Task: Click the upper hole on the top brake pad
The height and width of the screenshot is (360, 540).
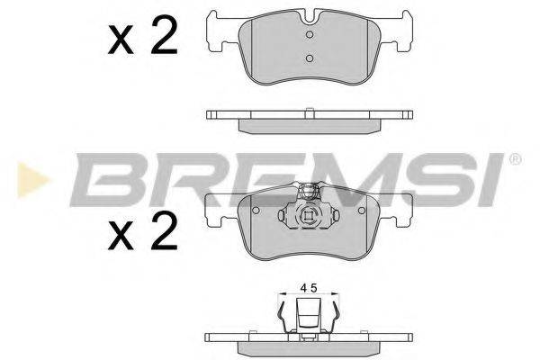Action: tap(309, 36)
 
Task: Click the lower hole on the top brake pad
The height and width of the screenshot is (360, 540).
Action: tap(309, 58)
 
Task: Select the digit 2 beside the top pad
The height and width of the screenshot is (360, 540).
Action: tap(165, 39)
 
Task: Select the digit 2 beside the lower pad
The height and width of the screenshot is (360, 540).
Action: tap(165, 235)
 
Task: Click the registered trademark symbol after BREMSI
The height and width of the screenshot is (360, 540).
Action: tap(515, 160)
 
